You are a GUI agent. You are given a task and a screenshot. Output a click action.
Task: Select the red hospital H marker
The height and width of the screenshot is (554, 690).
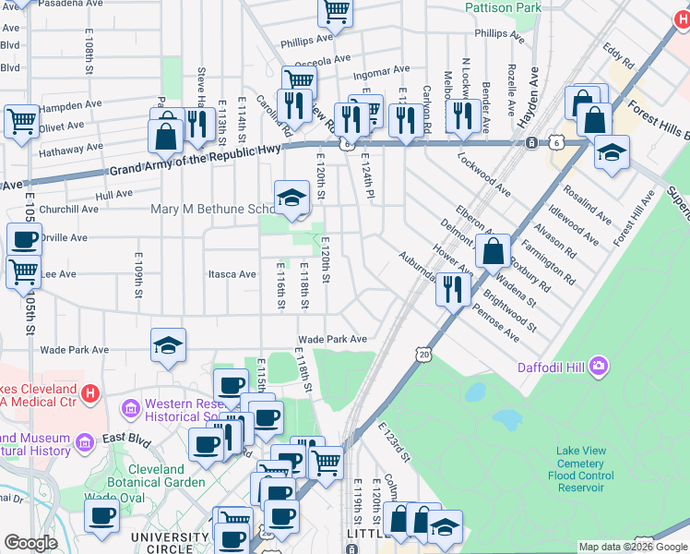89,394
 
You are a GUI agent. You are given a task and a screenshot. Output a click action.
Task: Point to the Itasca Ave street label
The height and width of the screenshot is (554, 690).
232,274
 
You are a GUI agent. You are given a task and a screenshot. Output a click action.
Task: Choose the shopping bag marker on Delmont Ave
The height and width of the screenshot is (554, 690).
494,249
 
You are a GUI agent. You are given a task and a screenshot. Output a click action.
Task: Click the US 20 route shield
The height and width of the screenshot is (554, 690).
423,354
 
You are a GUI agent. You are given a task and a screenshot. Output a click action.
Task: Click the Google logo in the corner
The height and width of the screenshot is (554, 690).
30,543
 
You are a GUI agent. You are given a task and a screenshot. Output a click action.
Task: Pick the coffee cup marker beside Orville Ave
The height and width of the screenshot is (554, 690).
25,240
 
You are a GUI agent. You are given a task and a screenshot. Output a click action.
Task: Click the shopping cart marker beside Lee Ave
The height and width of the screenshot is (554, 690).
23,272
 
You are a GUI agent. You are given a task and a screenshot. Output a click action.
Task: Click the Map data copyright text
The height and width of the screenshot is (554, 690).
632,547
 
